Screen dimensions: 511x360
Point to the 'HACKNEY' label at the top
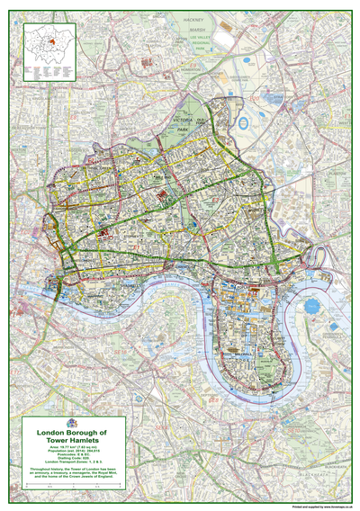pyautogui.click(x=195, y=19)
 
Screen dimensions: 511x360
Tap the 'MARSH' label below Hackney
pyautogui.click(x=195, y=26)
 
